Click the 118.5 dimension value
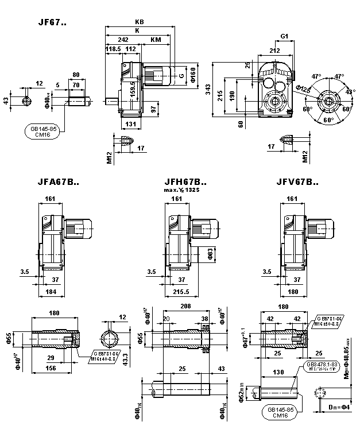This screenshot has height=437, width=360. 113,49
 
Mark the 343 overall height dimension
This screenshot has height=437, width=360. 208,90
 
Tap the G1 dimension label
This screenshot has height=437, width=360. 284,37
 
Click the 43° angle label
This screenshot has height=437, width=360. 351,91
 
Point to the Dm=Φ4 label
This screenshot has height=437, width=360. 336,407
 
